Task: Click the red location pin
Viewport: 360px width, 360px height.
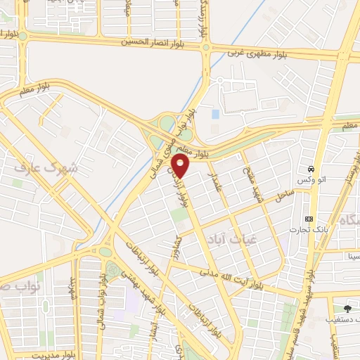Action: [181, 166]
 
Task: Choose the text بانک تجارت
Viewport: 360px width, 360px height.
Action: [308, 230]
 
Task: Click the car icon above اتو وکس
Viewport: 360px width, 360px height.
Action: [310, 169]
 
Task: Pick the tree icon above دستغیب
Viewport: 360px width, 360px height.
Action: [346, 307]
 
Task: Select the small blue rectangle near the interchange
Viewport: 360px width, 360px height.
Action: [215, 113]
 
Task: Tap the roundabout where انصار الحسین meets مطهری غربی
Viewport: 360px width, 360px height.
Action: [206, 48]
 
